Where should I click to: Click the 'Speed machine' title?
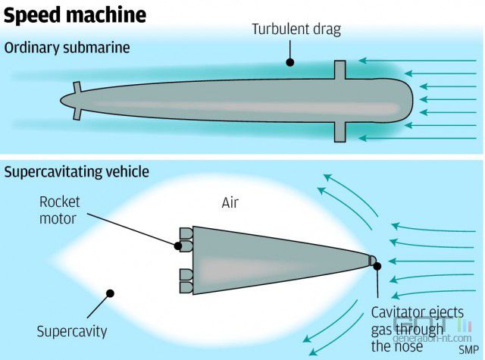click(75, 15)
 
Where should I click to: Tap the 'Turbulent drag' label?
click(296, 30)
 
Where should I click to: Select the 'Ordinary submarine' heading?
click(67, 48)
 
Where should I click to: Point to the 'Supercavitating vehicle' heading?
click(77, 171)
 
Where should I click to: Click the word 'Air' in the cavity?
click(230, 203)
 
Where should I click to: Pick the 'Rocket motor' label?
click(59, 210)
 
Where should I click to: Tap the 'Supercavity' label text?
click(72, 332)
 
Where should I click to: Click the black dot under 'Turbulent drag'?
click(289, 62)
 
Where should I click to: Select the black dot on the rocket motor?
click(177, 246)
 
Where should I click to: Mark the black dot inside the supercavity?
click(110, 293)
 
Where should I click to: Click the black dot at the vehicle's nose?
click(377, 266)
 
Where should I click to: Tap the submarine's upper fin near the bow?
click(340, 70)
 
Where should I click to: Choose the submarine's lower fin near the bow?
click(340, 132)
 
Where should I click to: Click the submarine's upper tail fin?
click(77, 87)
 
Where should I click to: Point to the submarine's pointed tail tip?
click(61, 101)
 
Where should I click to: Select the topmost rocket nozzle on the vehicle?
click(186, 234)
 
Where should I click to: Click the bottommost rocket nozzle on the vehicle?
click(186, 287)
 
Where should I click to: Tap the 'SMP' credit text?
click(468, 349)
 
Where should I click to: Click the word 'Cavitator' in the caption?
click(394, 313)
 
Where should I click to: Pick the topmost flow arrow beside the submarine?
click(418, 61)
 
